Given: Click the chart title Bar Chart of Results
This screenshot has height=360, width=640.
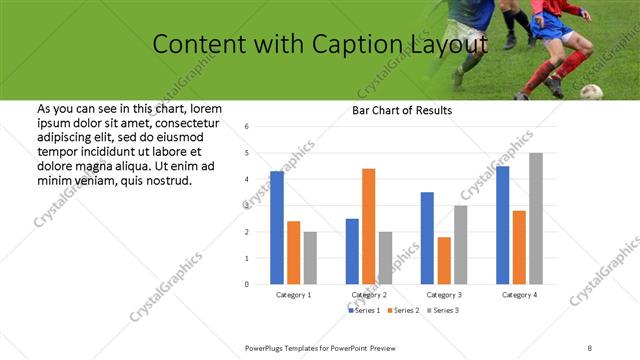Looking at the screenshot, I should point(401,110).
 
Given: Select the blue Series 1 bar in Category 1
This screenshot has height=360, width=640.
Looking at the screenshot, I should point(277,228).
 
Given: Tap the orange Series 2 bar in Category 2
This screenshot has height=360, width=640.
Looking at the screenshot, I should point(368,226).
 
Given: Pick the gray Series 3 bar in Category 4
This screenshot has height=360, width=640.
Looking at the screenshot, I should point(536,218).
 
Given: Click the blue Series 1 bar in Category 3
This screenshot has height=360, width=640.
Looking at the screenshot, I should point(427,238).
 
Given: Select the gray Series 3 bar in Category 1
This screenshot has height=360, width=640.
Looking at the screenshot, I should point(310,257).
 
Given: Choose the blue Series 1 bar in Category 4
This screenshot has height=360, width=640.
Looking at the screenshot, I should point(502,225).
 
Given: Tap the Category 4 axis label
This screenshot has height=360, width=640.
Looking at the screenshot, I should point(519,296).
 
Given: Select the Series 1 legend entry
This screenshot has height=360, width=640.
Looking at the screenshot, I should point(364,311).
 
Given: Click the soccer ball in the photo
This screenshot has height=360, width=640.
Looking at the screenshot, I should point(591,91).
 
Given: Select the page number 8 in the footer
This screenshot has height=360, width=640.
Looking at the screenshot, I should point(590,347).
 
